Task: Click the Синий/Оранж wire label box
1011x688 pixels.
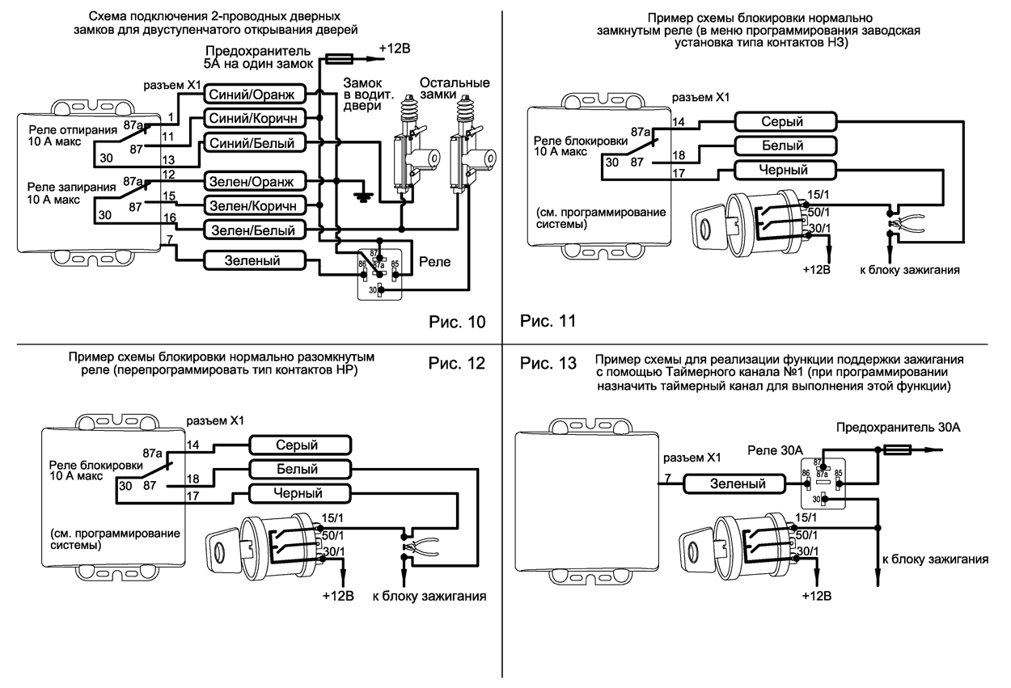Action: point(254,94)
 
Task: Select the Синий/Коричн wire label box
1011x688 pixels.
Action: point(254,118)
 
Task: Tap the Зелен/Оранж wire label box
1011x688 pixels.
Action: point(254,180)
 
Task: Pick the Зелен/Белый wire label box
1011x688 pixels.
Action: point(254,231)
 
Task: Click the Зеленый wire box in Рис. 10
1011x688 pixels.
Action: point(254,261)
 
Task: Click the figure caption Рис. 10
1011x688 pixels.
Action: point(457,323)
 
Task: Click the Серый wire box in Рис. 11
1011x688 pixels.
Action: point(782,121)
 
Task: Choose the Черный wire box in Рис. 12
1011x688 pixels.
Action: point(299,493)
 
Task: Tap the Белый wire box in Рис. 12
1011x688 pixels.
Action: point(299,469)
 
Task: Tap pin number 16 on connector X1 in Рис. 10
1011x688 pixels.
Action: point(168,219)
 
